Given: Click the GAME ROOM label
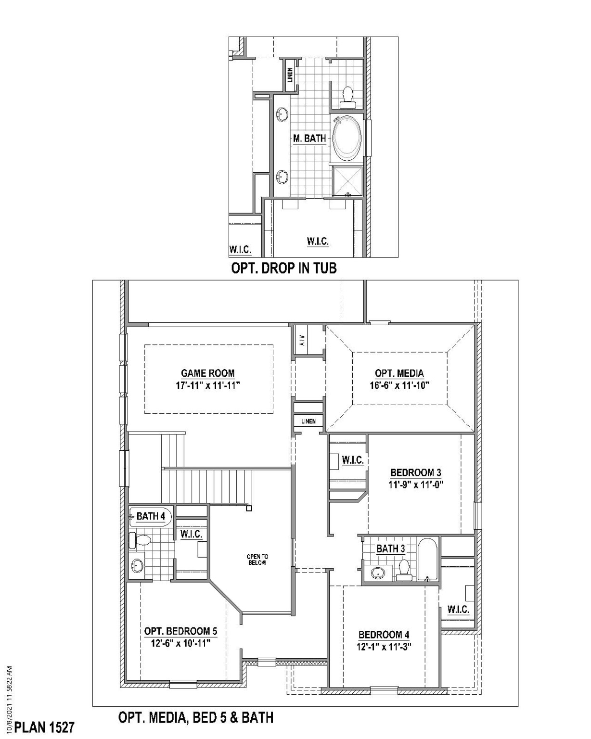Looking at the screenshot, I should (208, 373).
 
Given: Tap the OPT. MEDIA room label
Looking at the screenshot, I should (399, 373).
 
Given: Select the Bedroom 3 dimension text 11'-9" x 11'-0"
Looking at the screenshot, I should (415, 485).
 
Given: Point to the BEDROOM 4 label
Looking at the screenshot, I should (384, 635).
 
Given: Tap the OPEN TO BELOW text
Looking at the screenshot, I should (257, 560).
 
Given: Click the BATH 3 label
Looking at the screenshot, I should (390, 548).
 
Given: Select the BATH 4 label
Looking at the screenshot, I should (151, 516).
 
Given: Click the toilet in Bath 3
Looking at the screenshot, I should (404, 568).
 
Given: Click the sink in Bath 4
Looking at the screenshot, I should (138, 565).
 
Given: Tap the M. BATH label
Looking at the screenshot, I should (309, 139).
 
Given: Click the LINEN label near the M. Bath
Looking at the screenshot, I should (290, 75).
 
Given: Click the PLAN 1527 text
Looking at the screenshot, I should (45, 727).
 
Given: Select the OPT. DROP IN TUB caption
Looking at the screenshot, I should (284, 268).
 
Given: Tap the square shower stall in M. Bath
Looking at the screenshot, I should (347, 180).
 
